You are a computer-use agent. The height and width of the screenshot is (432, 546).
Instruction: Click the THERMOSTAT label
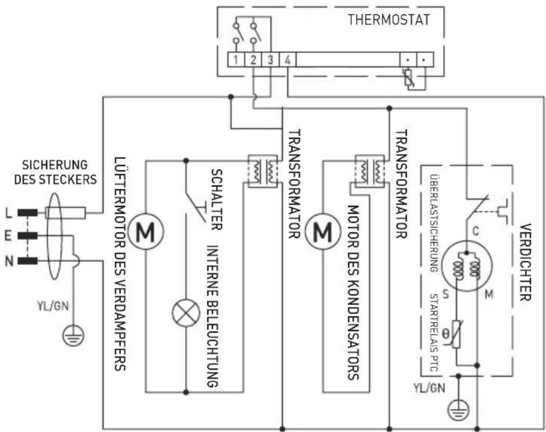389,19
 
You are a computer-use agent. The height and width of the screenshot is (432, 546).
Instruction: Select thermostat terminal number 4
288,60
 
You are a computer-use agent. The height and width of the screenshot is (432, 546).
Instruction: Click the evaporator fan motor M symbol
145,232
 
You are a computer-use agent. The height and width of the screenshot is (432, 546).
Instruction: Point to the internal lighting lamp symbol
186,312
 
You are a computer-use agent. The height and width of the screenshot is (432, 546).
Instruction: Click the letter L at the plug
8,213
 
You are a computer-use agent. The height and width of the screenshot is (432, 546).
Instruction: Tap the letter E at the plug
8,236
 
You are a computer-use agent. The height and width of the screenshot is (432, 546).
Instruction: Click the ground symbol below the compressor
456,410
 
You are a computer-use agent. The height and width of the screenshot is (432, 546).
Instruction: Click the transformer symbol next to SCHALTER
262,170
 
